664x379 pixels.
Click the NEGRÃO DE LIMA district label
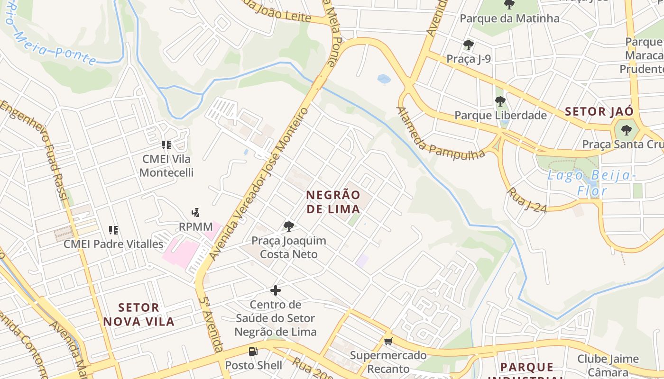tap(333, 202)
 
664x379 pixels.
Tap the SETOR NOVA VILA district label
tap(139, 315)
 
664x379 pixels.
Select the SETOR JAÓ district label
tap(599, 112)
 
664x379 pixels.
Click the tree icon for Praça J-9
tap(469, 45)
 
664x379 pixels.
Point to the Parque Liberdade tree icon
tap(500, 101)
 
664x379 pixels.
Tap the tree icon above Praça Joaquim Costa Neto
tap(288, 226)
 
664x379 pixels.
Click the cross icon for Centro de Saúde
tap(276, 290)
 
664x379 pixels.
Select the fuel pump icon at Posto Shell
tap(253, 352)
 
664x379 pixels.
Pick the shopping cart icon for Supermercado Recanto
tap(388, 341)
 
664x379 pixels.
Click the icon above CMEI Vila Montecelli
tap(166, 145)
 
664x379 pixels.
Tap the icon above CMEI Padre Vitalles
tap(113, 230)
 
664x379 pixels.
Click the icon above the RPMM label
tap(195, 212)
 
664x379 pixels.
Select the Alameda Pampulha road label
tap(440, 137)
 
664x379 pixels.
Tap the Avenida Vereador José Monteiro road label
tap(259, 185)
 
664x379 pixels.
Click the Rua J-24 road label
tap(527, 200)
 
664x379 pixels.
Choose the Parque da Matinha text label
tap(509, 18)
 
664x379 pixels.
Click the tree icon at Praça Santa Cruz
tap(627, 130)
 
